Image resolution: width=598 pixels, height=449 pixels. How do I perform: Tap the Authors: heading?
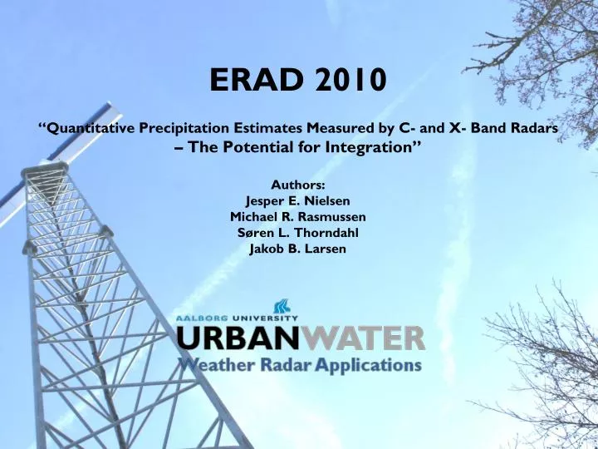click(298, 185)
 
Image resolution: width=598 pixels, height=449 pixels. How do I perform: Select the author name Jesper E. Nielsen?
click(298, 200)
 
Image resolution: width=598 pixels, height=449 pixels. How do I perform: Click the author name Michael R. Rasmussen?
click(298, 216)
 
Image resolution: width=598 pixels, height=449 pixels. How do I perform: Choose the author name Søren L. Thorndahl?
click(298, 232)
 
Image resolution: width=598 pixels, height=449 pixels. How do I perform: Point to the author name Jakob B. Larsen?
click(298, 248)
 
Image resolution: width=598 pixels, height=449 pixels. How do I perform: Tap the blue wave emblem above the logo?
click(283, 307)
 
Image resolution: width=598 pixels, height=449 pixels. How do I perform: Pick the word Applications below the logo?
click(370, 365)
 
